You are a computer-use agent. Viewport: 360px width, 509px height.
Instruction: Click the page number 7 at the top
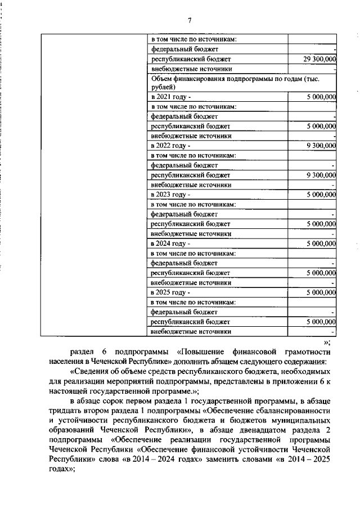coord(190,21)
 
